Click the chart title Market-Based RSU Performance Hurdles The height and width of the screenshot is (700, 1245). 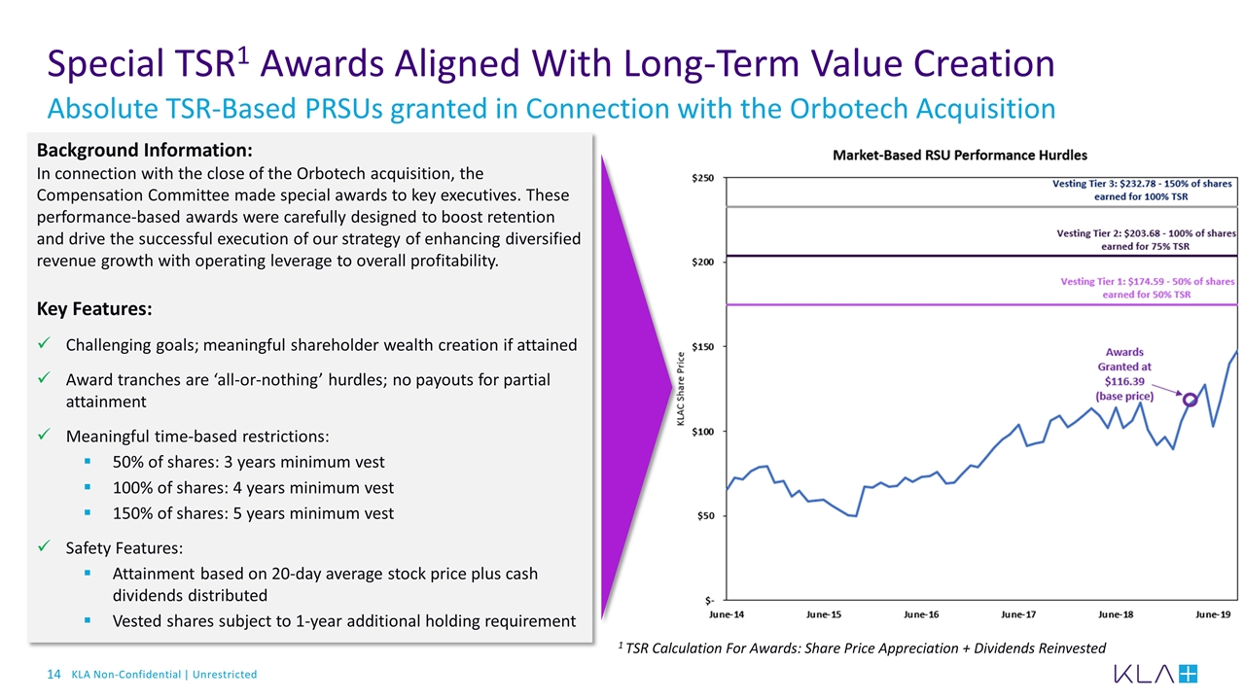point(959,156)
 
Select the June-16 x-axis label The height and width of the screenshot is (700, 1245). point(921,614)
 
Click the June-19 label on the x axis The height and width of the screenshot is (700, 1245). point(1212,614)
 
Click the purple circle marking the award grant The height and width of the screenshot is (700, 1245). point(1190,400)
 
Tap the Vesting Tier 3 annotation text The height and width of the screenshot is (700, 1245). point(1143,190)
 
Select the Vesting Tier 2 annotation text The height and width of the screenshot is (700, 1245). point(1145,240)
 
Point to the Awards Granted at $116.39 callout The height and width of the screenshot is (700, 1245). point(1124,374)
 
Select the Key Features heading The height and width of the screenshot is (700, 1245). point(93,309)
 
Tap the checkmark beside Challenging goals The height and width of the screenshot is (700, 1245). point(45,345)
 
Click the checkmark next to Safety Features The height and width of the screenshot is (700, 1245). point(45,547)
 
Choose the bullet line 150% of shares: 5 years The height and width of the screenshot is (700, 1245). point(253,513)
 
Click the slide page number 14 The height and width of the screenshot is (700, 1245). point(54,674)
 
